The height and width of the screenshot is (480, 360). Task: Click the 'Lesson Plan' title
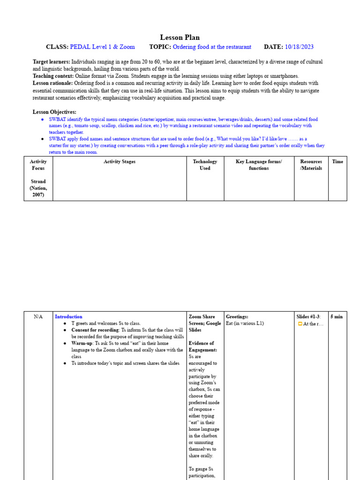tap(180, 37)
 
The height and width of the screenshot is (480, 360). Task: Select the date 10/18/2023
tap(299, 47)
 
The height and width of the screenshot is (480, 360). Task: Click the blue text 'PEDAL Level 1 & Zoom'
tap(102, 47)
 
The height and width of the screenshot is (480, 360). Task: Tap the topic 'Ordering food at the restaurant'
tap(212, 47)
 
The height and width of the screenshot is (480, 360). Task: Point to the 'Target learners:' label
tap(52, 62)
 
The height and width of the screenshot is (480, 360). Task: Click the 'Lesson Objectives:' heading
tap(54, 112)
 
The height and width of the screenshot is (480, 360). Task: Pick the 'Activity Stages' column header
tap(120, 162)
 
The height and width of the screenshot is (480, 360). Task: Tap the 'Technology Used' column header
tap(205, 165)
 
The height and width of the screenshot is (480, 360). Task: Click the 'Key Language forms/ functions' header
tap(259, 165)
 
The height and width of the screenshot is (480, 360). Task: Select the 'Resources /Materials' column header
tap(311, 165)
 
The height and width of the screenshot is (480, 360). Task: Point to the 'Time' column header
tap(337, 162)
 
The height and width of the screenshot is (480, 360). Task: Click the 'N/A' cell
tap(38, 317)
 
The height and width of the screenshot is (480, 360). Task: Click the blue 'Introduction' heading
tap(68, 317)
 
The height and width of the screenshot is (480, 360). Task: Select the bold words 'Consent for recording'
tap(96, 330)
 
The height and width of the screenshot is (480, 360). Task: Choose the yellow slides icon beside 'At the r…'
tap(300, 324)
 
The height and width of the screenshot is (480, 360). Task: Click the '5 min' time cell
tap(337, 317)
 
